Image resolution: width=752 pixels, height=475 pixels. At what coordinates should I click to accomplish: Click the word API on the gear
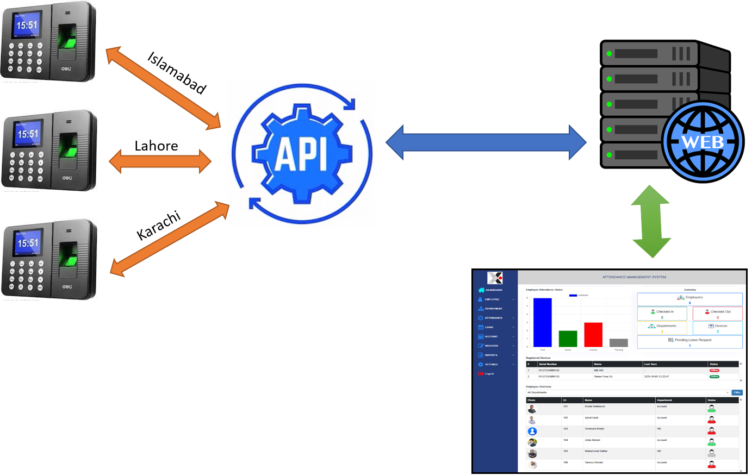(301, 153)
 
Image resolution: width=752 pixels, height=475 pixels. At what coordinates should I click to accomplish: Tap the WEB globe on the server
(702, 141)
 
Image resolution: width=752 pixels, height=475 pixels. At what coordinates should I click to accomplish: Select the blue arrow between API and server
(486, 142)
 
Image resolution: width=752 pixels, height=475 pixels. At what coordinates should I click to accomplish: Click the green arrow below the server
(650, 221)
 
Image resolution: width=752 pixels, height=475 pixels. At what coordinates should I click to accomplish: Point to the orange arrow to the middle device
(160, 161)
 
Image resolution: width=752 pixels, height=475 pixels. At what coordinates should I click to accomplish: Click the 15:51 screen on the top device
(27, 26)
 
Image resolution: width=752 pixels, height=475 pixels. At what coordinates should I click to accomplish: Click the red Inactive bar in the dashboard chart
(593, 334)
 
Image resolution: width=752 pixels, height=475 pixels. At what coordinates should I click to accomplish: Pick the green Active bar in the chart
(568, 338)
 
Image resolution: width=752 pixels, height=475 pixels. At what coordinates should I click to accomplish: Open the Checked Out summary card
(717, 314)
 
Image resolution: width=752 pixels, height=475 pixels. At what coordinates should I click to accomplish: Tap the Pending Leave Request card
(689, 342)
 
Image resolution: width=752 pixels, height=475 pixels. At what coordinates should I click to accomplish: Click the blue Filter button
(737, 392)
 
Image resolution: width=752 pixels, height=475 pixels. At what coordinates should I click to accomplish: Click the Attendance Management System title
(634, 277)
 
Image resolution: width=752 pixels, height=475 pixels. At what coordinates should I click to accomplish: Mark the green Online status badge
(714, 376)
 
